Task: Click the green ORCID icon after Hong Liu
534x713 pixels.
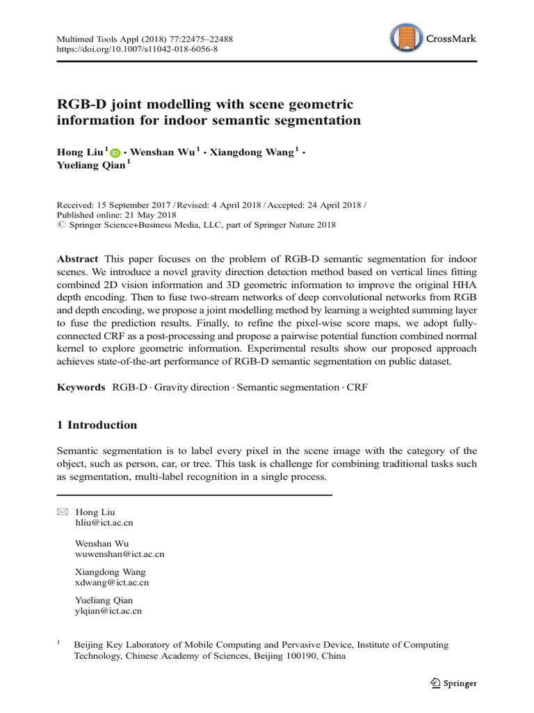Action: click(x=115, y=152)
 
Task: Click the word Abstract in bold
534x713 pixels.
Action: click(x=77, y=258)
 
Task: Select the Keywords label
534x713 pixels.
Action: click(x=81, y=386)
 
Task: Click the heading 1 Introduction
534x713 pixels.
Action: click(x=97, y=425)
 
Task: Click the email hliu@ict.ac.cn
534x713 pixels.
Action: click(x=104, y=522)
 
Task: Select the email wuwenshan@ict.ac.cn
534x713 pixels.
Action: click(x=119, y=554)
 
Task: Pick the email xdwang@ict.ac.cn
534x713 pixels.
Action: click(x=111, y=582)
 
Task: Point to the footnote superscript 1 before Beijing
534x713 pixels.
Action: click(x=59, y=643)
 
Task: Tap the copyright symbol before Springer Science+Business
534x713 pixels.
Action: click(x=60, y=224)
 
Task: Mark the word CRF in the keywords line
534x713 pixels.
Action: click(x=357, y=386)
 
